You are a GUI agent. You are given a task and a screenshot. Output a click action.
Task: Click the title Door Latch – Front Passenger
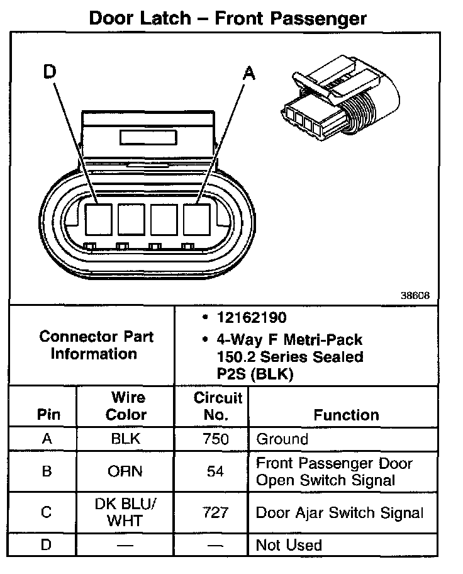coord(228,18)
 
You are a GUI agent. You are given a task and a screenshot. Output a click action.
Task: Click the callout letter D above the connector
coord(50,73)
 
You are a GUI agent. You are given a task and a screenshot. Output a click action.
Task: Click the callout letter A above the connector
coord(249,74)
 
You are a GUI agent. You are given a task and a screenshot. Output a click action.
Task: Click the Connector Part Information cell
coord(93,345)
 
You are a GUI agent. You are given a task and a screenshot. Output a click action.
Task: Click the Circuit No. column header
coord(218,406)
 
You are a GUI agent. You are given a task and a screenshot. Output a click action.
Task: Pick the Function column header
coord(346,415)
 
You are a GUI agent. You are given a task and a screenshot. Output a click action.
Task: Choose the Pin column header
coord(48,415)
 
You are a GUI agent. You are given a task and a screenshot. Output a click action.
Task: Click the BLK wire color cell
coord(126,439)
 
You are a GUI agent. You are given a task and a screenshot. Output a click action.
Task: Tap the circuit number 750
coord(216,439)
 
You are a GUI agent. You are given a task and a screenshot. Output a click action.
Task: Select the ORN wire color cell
coord(126,471)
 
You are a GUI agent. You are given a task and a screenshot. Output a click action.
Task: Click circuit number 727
coord(216,512)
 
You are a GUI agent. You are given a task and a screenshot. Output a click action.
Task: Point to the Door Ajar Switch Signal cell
coord(340,512)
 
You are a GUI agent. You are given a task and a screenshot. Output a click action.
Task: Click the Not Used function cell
coord(289,544)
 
